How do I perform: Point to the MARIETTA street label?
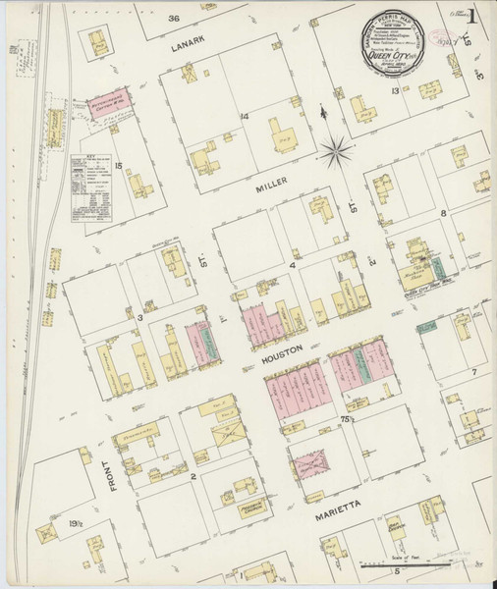340,511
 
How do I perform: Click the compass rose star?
336,149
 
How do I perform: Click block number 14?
241,117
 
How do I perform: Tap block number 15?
117,165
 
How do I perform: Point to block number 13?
394,90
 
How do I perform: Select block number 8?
443,212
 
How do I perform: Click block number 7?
472,372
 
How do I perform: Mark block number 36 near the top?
174,18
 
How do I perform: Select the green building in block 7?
427,328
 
